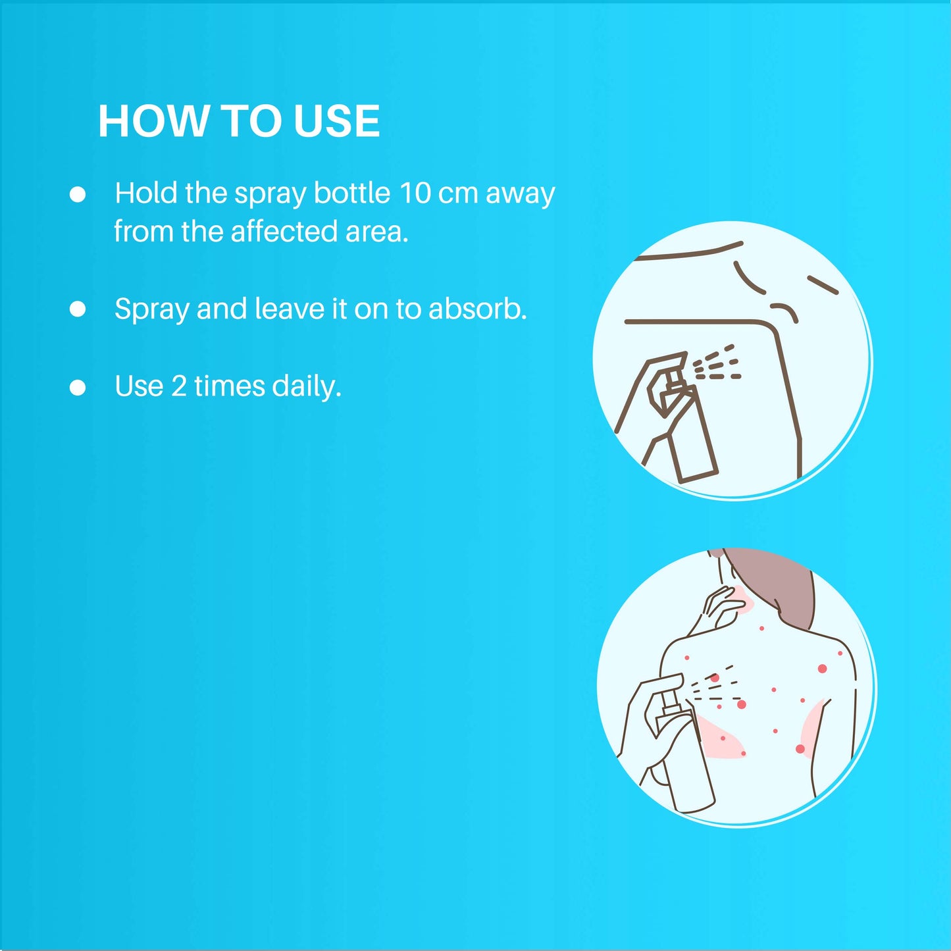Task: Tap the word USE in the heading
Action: click(336, 120)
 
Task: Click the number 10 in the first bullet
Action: click(415, 193)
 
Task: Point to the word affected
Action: click(284, 231)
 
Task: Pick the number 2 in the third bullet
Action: click(178, 386)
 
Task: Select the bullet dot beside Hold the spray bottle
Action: click(78, 194)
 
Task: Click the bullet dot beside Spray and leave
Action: click(78, 309)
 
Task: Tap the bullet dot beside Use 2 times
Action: click(78, 388)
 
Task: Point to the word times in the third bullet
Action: click(230, 386)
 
